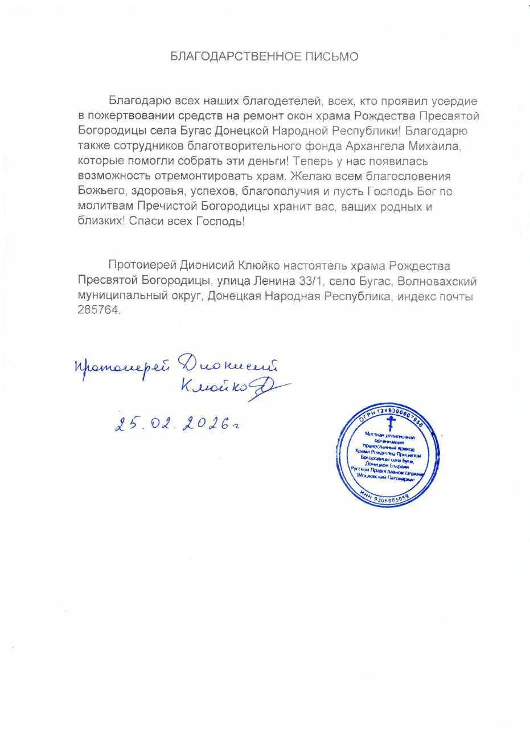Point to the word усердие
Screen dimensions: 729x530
[x=459, y=102]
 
